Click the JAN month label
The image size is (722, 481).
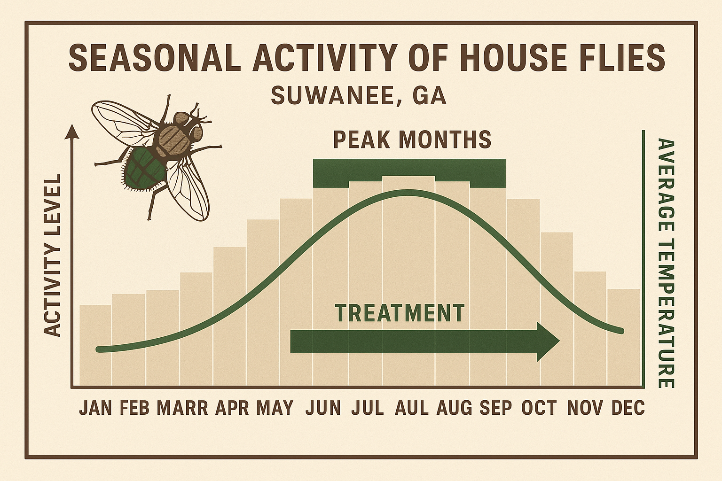pos(95,408)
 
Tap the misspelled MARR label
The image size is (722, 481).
pos(182,408)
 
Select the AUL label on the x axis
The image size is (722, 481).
pos(412,408)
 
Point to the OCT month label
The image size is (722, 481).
pos(539,408)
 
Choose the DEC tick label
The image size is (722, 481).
pos(628,408)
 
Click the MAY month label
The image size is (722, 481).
pos(275,408)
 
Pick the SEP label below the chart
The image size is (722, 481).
pos(495,408)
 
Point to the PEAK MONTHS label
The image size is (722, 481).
pos(412,140)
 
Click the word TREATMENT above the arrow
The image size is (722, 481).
pos(400,313)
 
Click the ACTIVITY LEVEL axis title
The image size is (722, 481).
pos(54,256)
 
